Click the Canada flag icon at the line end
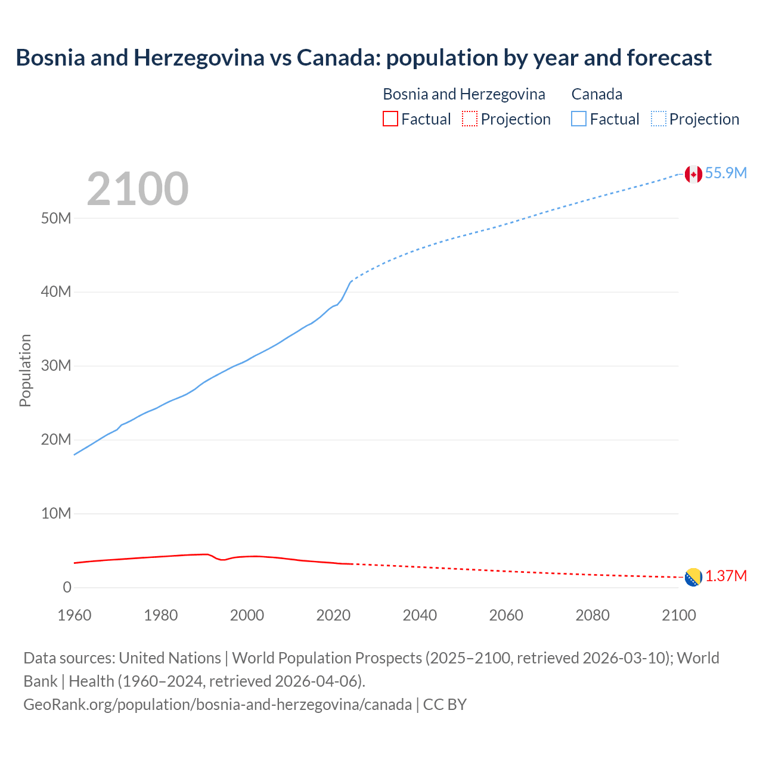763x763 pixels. point(693,174)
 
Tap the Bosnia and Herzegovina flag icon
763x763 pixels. point(693,577)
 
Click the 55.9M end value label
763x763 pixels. point(725,173)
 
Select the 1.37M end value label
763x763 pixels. point(726,576)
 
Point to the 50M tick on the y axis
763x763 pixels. point(56,218)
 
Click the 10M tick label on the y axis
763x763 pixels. point(56,513)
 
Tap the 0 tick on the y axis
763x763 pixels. point(67,587)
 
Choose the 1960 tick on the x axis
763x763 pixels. point(75,615)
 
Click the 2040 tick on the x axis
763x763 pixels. point(420,615)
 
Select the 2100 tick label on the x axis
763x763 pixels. point(678,615)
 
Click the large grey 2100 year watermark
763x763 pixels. point(138,189)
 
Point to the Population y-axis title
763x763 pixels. point(25,370)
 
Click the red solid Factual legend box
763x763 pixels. point(390,119)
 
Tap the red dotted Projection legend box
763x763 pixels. point(470,119)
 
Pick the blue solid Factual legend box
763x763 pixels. point(578,119)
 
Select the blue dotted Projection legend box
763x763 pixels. point(658,119)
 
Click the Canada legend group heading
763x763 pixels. point(597,94)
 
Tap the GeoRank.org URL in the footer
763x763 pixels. point(218,704)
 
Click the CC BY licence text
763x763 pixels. point(445,704)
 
